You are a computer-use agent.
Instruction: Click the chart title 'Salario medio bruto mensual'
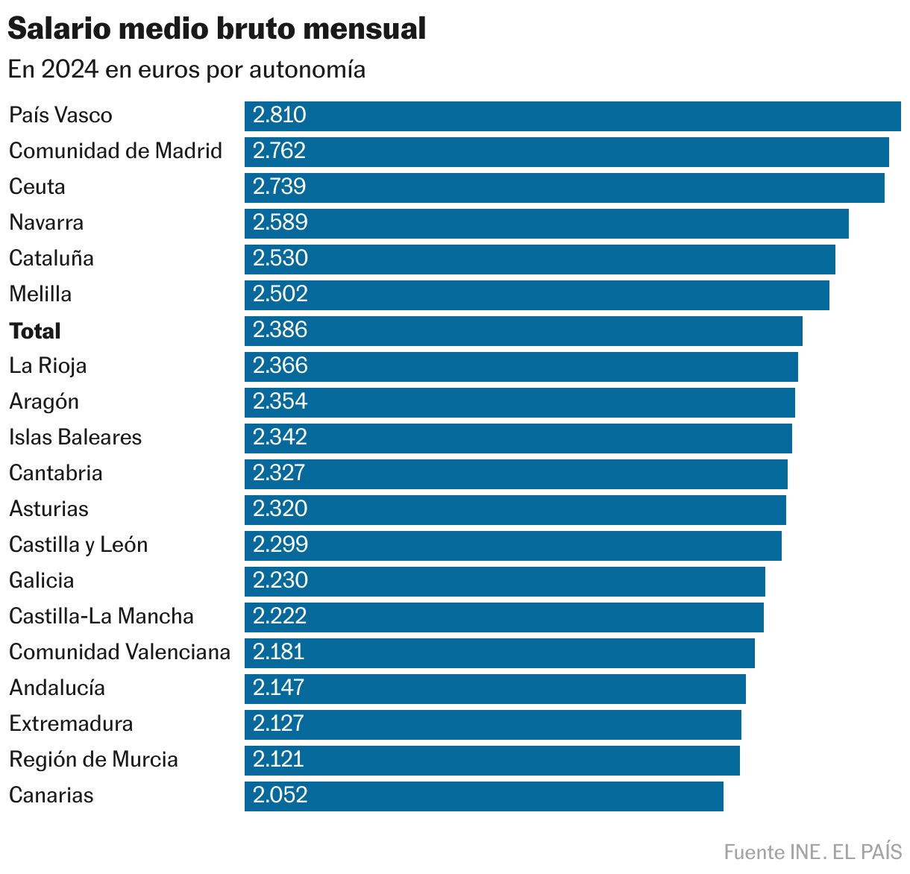[x=216, y=29]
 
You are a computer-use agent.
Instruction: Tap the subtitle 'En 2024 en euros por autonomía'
[x=186, y=69]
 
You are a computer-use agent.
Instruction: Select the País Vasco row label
[x=60, y=116]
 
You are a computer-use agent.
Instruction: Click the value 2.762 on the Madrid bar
[x=279, y=151]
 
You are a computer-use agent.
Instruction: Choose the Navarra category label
[x=46, y=223]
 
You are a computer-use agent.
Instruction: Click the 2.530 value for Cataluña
[x=280, y=259]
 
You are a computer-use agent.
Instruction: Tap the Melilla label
[x=40, y=295]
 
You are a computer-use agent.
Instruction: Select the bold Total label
[x=35, y=331]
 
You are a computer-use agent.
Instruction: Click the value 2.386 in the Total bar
[x=280, y=330]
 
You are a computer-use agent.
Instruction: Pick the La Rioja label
[x=48, y=366]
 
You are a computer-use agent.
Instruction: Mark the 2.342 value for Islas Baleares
[x=280, y=438]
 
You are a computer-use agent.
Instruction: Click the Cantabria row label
[x=56, y=474]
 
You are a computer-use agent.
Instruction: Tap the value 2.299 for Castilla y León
[x=280, y=545]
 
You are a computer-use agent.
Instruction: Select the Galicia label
[x=42, y=581]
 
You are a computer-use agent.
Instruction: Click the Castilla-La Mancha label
[x=101, y=617]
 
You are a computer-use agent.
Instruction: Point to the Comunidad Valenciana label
[x=119, y=653]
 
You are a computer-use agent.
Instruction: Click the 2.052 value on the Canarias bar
[x=280, y=796]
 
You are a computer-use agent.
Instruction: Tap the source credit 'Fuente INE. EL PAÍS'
[x=812, y=852]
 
